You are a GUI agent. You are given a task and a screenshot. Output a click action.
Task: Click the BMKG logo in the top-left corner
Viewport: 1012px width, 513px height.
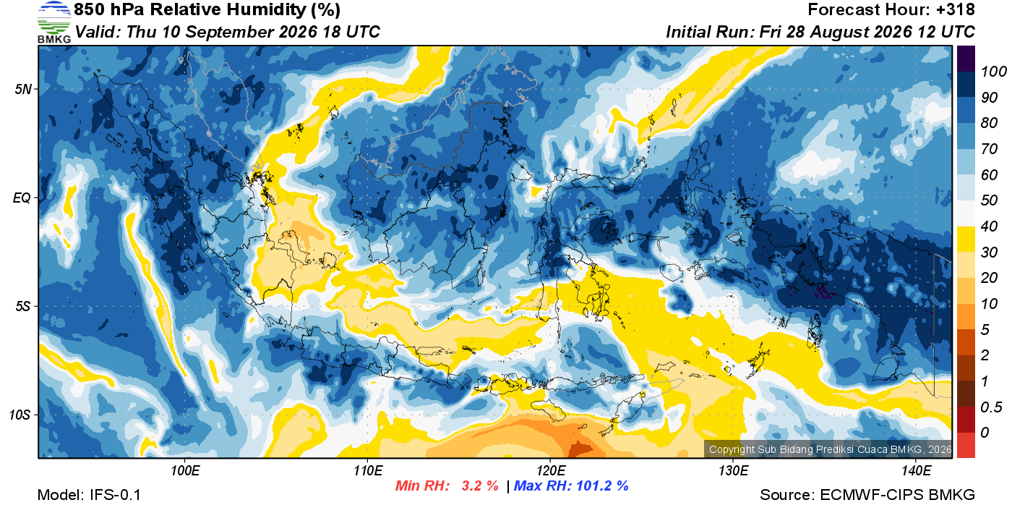[54, 22]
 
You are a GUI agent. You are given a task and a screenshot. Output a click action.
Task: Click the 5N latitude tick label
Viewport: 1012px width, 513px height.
[23, 89]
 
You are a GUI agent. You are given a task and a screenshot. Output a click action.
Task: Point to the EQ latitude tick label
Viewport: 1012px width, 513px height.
[22, 198]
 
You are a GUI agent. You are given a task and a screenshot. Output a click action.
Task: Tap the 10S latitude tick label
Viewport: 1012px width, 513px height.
[20, 415]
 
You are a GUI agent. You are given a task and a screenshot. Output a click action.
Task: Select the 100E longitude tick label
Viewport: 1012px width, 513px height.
[185, 470]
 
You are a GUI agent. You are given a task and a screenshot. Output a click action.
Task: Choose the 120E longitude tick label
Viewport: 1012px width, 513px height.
[550, 470]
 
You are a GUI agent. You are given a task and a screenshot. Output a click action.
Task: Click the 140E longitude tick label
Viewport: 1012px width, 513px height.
[916, 470]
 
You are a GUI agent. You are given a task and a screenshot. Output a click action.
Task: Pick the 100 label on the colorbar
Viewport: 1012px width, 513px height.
[993, 72]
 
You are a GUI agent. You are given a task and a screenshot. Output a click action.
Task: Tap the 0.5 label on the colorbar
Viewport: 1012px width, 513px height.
[990, 407]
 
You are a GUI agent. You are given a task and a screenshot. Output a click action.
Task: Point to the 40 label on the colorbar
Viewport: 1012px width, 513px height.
[989, 226]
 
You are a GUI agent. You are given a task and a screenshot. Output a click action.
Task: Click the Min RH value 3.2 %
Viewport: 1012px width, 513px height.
[480, 486]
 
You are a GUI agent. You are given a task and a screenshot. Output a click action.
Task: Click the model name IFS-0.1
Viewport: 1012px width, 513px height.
[115, 495]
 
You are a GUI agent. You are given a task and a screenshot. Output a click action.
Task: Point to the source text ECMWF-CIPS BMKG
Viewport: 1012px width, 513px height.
[897, 495]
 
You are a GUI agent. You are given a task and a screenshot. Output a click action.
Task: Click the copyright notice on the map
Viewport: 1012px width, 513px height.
[830, 449]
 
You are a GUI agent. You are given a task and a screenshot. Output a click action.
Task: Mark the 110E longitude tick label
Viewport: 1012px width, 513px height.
[368, 470]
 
